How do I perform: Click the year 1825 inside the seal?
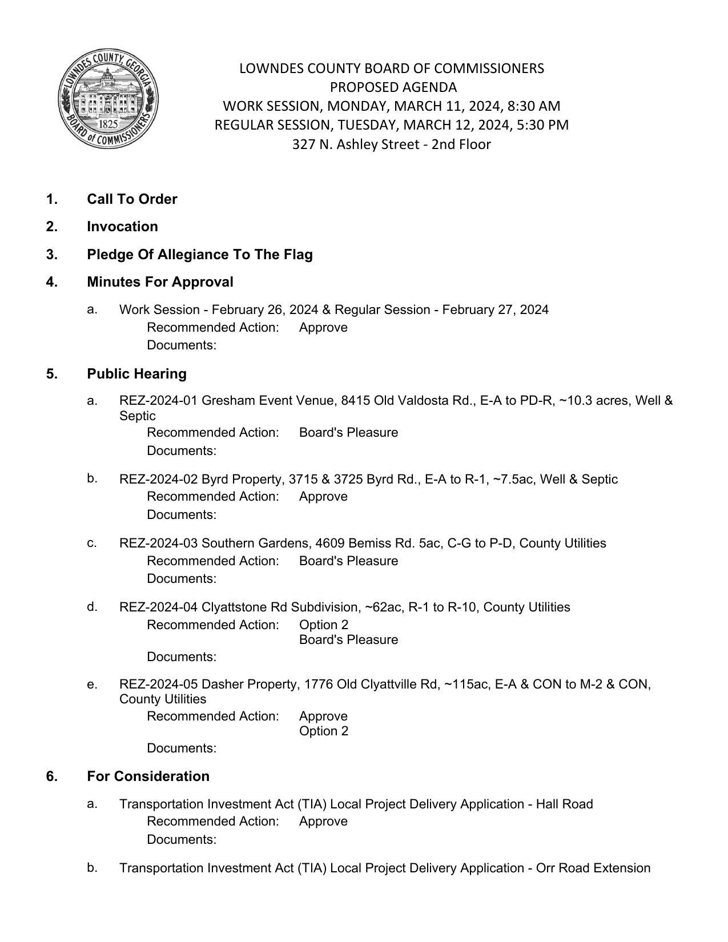(108, 124)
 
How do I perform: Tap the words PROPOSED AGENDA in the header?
(393, 87)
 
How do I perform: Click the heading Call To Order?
(132, 199)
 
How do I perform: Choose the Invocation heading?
(122, 227)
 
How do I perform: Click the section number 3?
(52, 255)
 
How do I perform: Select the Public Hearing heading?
(136, 374)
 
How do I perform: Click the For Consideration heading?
(148, 776)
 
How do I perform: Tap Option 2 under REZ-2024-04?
(323, 625)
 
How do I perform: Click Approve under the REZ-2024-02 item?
(323, 497)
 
